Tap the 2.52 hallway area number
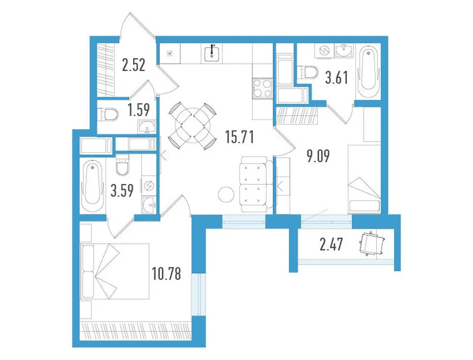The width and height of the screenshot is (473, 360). pos(133,65)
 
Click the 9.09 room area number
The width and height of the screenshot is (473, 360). pos(318,156)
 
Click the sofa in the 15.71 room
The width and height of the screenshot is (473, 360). pos(253,184)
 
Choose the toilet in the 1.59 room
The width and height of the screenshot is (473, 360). pos(109,114)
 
